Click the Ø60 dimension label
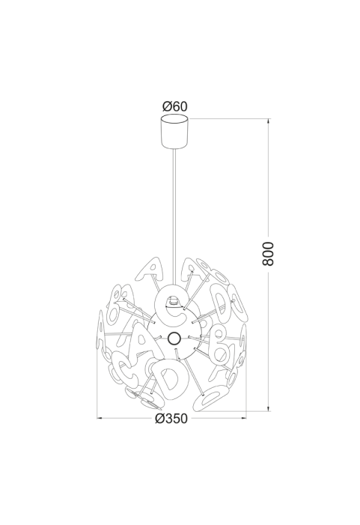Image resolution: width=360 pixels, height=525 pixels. click(x=175, y=106)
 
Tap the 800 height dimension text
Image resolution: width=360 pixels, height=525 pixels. click(x=268, y=253)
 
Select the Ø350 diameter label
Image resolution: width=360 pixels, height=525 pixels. click(x=171, y=418)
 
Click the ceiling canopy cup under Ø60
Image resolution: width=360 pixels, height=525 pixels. click(x=174, y=131)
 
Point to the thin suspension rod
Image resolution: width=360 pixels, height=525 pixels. click(x=174, y=216)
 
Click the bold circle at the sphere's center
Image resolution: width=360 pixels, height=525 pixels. click(x=174, y=339)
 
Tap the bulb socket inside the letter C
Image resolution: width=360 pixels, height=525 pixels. click(x=174, y=301)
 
